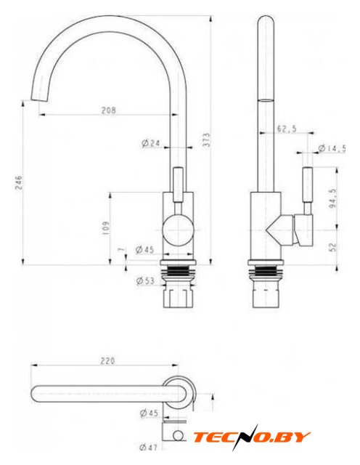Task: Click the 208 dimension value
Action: pyautogui.click(x=109, y=110)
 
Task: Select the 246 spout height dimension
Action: pyautogui.click(x=18, y=183)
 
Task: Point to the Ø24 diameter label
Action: pyautogui.click(x=151, y=144)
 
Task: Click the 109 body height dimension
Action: pyautogui.click(x=106, y=228)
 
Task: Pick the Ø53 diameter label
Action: pyautogui.click(x=145, y=280)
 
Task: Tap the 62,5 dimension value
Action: pyautogui.click(x=287, y=129)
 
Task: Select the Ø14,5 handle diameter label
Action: pyautogui.click(x=332, y=148)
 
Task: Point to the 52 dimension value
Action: pyautogui.click(x=332, y=246)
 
